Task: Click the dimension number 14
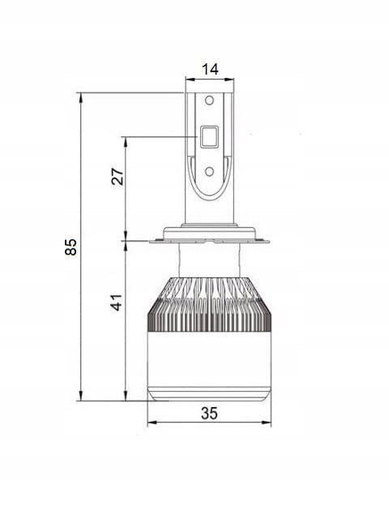[210, 70]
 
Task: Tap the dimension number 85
[71, 247]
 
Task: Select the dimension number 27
[118, 177]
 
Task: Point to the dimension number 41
[117, 302]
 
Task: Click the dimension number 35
[209, 414]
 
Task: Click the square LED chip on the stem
[209, 136]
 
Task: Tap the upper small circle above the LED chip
[209, 100]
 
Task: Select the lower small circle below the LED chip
[209, 171]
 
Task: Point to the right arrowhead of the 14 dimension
[229, 79]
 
